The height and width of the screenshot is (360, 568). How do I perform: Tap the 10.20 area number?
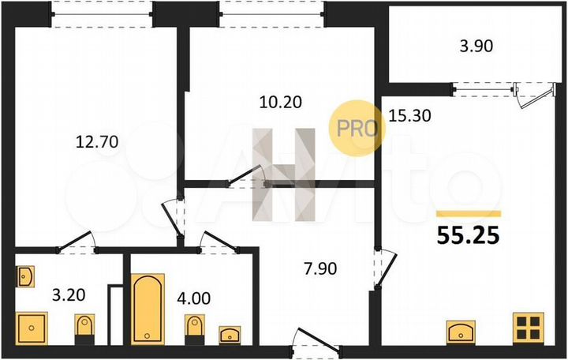282,101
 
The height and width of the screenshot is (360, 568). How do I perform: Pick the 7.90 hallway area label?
319,269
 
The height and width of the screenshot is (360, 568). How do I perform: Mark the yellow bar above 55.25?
469,213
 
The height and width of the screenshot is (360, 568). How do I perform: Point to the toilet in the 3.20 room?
84,328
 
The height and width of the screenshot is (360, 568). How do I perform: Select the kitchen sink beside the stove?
460,330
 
